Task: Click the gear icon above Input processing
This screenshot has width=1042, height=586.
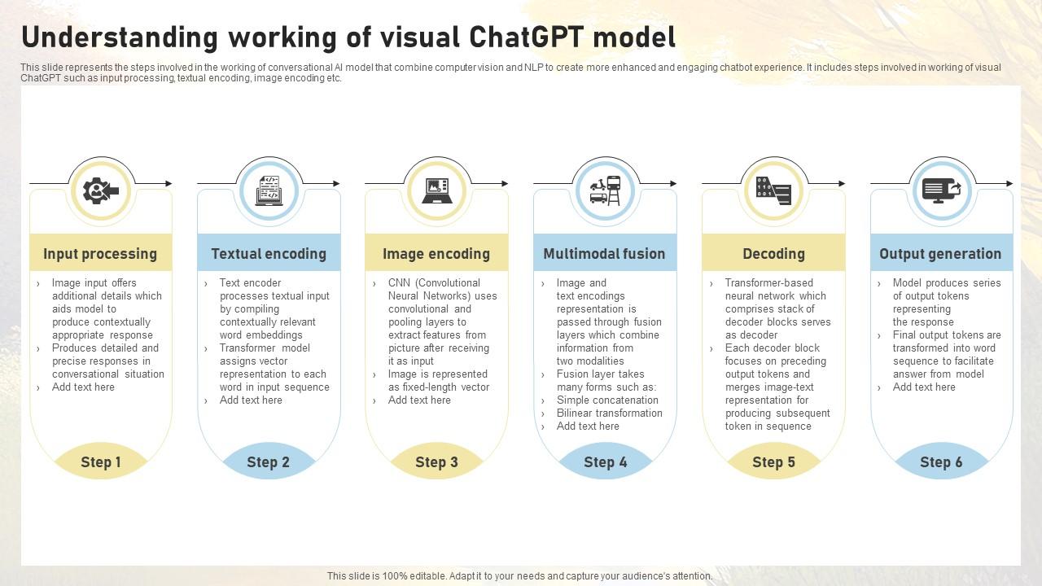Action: [100, 190]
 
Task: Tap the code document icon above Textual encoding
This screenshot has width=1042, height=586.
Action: [269, 190]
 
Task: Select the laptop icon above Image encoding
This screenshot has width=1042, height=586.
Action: [437, 190]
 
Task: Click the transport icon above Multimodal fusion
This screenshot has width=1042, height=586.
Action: [605, 190]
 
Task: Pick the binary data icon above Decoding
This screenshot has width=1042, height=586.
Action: [773, 190]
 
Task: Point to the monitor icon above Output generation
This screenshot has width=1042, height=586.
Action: [942, 190]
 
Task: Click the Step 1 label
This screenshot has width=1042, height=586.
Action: [100, 461]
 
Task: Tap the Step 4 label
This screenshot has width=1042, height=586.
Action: [605, 461]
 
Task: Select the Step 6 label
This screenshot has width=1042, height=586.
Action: [941, 461]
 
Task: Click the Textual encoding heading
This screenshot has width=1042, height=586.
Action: [269, 253]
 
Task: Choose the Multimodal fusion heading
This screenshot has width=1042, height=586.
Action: [604, 253]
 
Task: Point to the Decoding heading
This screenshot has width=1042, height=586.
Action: [773, 253]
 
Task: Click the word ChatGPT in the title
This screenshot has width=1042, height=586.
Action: [526, 37]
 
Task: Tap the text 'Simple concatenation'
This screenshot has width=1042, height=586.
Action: [607, 400]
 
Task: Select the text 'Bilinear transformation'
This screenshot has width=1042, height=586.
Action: [610, 413]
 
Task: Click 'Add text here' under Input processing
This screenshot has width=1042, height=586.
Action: [83, 387]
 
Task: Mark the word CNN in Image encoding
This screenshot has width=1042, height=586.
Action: [399, 282]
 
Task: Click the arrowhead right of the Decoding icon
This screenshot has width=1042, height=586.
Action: [842, 184]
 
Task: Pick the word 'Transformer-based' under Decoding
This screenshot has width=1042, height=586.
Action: [769, 282]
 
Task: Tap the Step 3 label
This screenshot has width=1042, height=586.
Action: [437, 461]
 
